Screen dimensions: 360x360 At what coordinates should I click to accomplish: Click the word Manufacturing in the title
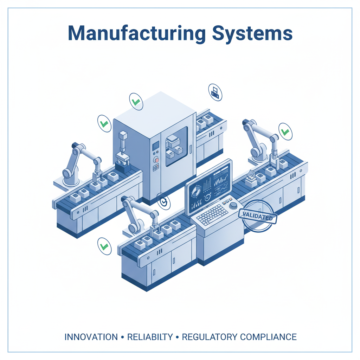pos(137,33)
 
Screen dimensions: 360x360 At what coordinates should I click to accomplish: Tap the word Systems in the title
pos(252,33)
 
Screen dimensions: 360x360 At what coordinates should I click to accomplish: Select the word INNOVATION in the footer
pos(91,337)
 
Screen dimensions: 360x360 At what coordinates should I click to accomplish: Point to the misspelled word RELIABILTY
pos(150,337)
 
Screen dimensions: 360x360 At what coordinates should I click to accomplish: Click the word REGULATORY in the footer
pos(210,337)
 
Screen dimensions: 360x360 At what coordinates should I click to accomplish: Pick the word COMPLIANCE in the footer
pos(268,337)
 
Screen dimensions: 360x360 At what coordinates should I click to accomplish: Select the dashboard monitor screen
pos(209,186)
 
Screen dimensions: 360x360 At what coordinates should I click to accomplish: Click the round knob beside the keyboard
pos(233,205)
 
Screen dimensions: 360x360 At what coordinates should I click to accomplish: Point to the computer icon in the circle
pos(215,92)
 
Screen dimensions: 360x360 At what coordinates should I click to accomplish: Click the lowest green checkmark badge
pos(104,246)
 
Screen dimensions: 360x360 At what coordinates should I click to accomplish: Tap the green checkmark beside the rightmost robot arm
pos(285,131)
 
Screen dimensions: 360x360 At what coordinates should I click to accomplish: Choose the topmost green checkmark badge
pos(136,102)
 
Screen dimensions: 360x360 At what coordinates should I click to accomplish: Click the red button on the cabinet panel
pos(156,160)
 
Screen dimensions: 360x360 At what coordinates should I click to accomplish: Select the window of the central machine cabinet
pos(176,146)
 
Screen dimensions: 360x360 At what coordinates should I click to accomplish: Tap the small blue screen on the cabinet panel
pos(156,145)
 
